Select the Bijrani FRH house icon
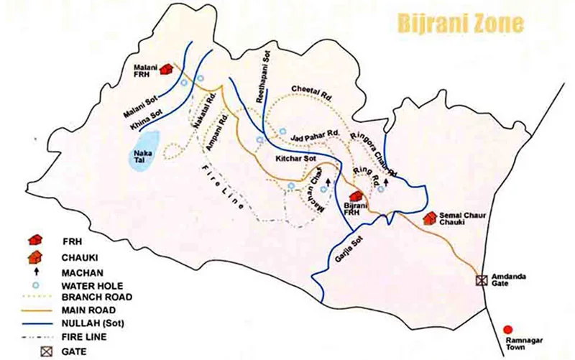pyautogui.click(x=354, y=195)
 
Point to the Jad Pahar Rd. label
pyautogui.click(x=316, y=134)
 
